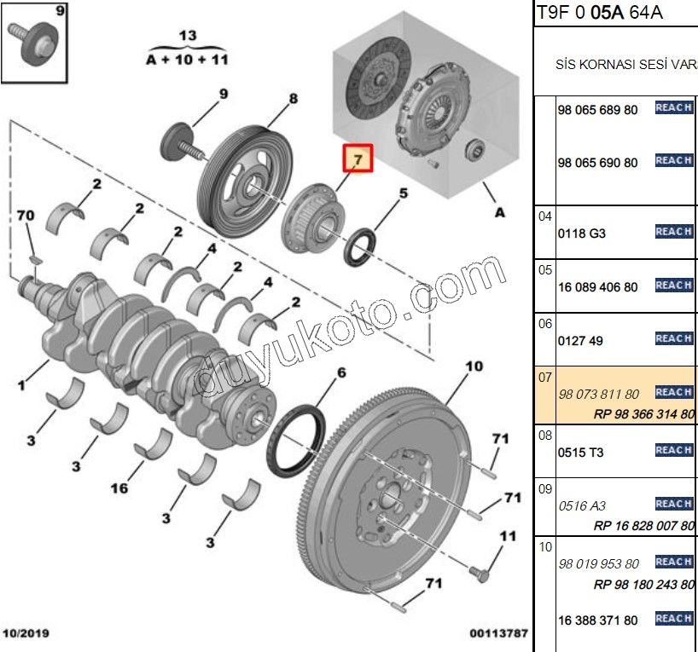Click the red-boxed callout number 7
[x=358, y=159]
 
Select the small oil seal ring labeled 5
[x=363, y=245]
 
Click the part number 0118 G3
[x=581, y=233]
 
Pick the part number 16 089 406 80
[x=596, y=287]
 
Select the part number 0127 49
[x=579, y=340]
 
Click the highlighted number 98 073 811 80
[x=596, y=394]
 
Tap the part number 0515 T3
[x=580, y=452]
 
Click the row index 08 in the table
[x=545, y=435]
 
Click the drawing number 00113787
[x=498, y=634]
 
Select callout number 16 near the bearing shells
[x=120, y=488]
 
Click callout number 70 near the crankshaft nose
[x=26, y=216]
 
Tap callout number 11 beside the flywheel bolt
[x=508, y=536]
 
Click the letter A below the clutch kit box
[x=499, y=212]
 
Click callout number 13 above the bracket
[x=188, y=35]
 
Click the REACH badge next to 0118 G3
[x=673, y=232]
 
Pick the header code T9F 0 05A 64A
[x=600, y=12]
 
